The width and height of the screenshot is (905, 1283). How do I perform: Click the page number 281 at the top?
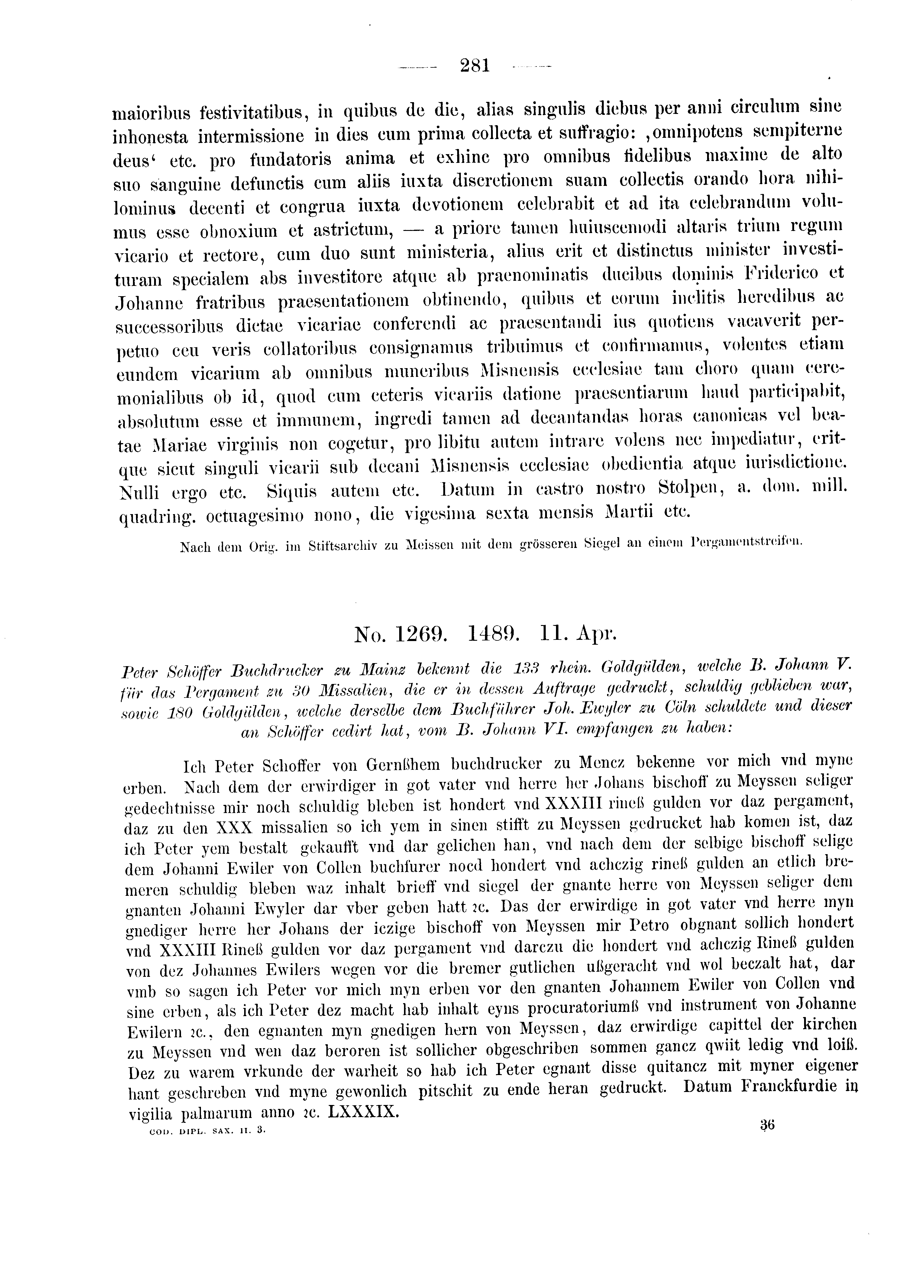475,66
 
